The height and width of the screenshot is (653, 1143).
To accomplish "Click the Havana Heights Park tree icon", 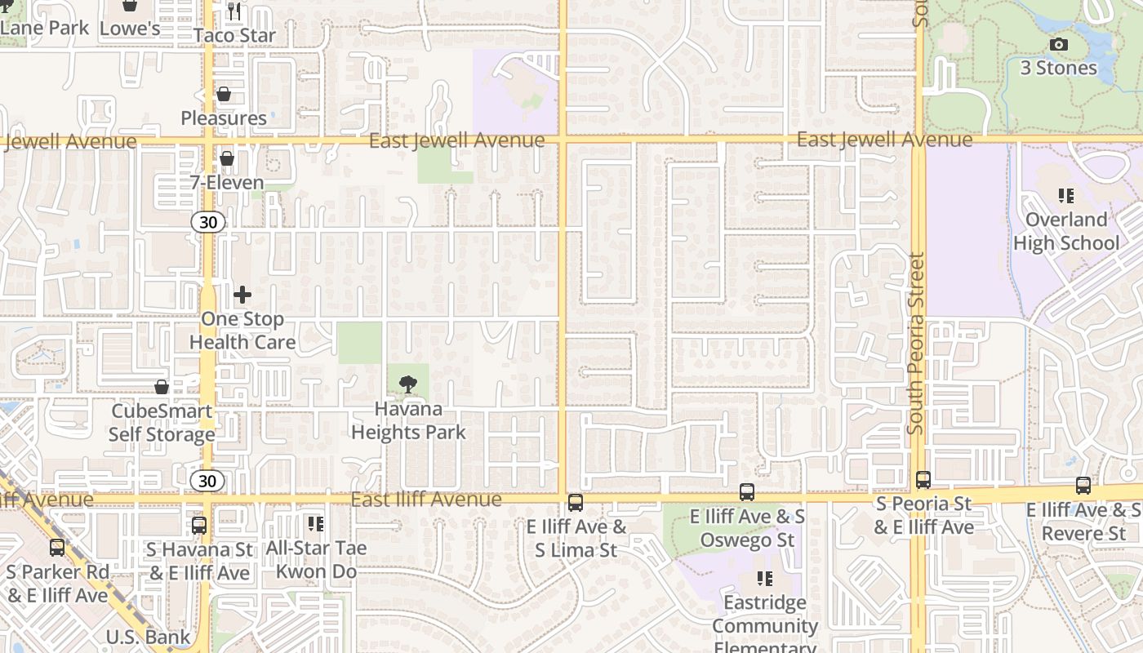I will (408, 384).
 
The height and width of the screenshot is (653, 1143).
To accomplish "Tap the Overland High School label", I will (1066, 231).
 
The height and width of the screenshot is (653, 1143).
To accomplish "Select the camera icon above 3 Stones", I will (1058, 45).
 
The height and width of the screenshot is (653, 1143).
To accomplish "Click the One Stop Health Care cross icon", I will (242, 295).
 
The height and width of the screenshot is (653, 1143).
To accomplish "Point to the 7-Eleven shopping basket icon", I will (227, 158).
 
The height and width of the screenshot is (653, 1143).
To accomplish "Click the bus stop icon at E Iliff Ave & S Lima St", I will (576, 502).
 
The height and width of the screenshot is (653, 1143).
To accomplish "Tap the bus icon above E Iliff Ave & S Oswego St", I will (747, 491).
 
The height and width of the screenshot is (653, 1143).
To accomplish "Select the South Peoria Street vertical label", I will (916, 343).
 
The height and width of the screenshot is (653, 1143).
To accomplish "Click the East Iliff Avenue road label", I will (426, 499).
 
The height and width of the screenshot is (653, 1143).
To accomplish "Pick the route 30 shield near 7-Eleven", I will (207, 221).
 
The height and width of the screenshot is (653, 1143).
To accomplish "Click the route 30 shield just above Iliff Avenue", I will (207, 481).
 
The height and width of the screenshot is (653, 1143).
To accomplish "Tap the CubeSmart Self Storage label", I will (162, 423).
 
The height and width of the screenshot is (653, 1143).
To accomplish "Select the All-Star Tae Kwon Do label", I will (316, 559).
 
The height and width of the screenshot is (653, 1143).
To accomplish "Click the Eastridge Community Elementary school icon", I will (765, 579).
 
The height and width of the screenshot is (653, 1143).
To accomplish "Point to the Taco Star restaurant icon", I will (234, 11).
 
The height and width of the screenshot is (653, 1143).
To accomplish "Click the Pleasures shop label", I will (224, 118).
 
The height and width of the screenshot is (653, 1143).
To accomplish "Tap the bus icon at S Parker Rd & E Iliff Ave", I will (56, 548).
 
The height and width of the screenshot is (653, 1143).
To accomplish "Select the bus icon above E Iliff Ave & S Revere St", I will (1083, 486).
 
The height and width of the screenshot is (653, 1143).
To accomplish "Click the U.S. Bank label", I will (148, 637).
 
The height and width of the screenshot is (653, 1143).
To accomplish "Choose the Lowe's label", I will (129, 29).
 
